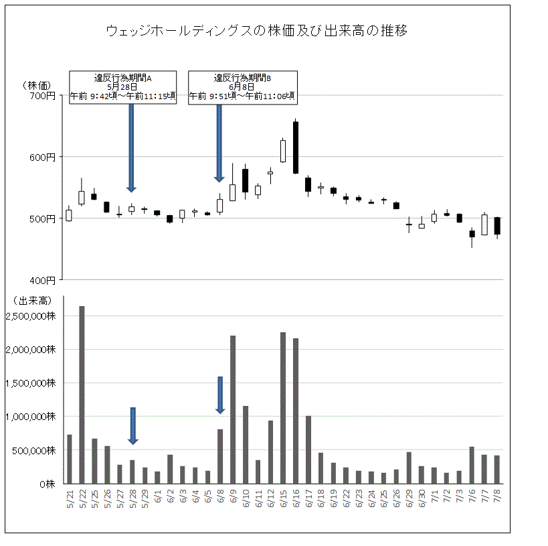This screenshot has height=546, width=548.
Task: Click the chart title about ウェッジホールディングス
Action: [257, 31]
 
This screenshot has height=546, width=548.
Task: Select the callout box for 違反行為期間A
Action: [122, 87]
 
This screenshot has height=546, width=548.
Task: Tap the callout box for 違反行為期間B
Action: [242, 87]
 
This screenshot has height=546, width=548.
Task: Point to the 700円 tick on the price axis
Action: [43, 96]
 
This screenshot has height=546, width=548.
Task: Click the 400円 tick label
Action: [43, 279]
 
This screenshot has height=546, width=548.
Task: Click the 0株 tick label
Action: [46, 483]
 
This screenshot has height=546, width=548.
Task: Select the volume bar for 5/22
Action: [82, 395]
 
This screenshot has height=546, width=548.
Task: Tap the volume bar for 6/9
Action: [232, 409]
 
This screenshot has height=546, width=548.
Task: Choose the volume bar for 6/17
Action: [308, 450]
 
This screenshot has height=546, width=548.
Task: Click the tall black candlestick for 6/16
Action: [296, 147]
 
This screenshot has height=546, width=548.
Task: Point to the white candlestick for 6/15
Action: [283, 151]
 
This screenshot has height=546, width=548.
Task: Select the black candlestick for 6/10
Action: [245, 180]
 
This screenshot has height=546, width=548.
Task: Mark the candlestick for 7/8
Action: [497, 226]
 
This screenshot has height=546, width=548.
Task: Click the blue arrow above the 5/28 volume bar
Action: [132, 425]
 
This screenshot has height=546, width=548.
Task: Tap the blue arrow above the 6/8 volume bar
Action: [220, 395]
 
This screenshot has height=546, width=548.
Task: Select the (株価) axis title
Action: [37, 85]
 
